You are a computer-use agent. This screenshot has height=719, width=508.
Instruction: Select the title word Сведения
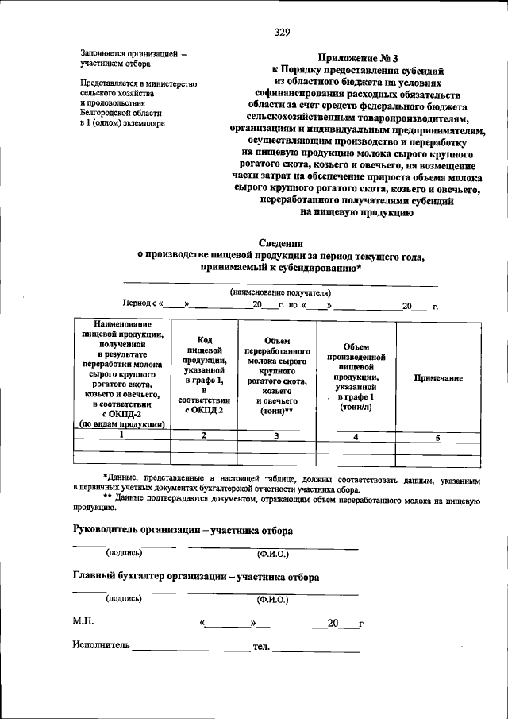(x=281, y=243)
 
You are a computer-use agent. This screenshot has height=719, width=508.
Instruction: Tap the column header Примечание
(x=438, y=378)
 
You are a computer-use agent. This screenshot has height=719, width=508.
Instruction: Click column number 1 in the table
(x=121, y=435)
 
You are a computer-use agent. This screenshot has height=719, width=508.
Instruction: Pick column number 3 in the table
(x=276, y=435)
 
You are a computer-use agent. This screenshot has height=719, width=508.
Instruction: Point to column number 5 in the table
(x=437, y=436)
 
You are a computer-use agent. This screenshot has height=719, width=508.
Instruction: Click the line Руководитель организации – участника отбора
(x=183, y=530)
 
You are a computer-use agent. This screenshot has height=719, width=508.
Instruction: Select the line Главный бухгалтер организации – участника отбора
(x=196, y=577)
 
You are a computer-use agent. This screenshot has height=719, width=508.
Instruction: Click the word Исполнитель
(x=99, y=647)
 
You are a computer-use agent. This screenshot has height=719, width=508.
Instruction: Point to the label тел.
(x=261, y=647)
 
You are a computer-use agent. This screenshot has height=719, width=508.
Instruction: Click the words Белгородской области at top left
(x=120, y=114)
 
